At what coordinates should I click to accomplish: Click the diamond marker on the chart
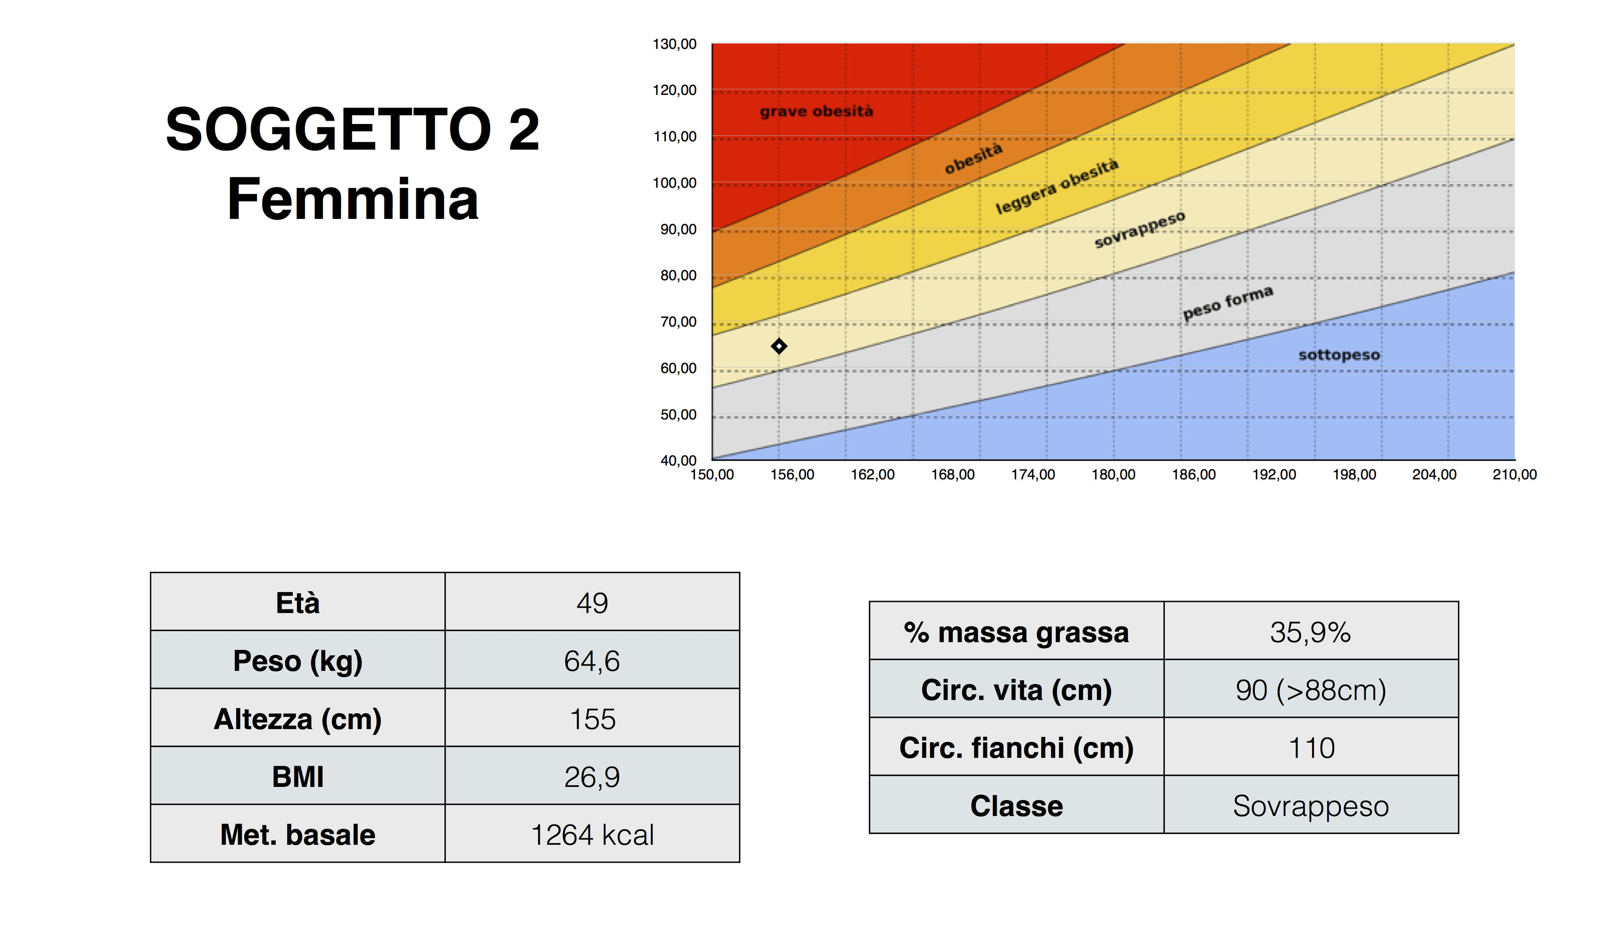pyautogui.click(x=779, y=346)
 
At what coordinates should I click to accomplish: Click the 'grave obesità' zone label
pyautogui.click(x=816, y=112)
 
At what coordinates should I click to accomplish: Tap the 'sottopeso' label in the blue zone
pyautogui.click(x=1339, y=355)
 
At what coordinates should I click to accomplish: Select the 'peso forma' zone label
pyautogui.click(x=1228, y=303)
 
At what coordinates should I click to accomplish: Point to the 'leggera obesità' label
pyautogui.click(x=1057, y=186)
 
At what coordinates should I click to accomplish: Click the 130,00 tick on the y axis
pyautogui.click(x=675, y=44)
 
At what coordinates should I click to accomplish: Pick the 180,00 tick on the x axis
pyautogui.click(x=1113, y=474)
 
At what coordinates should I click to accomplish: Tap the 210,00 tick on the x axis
pyautogui.click(x=1515, y=474)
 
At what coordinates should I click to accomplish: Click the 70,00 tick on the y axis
pyautogui.click(x=678, y=322)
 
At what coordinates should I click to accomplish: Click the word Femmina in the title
pyautogui.click(x=353, y=199)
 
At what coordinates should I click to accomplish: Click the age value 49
pyautogui.click(x=592, y=603)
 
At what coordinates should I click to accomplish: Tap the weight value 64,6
pyautogui.click(x=592, y=661)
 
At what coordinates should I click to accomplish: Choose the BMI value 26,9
pyautogui.click(x=592, y=777)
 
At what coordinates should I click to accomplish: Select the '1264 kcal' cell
pyautogui.click(x=592, y=835)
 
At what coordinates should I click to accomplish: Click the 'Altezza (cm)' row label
pyautogui.click(x=298, y=719)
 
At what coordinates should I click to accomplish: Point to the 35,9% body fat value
pyautogui.click(x=1311, y=632)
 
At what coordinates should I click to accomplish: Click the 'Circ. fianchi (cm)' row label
pyautogui.click(x=1016, y=748)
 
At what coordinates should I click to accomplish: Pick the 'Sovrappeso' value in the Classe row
pyautogui.click(x=1311, y=806)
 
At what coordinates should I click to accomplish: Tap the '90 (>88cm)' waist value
pyautogui.click(x=1311, y=690)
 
